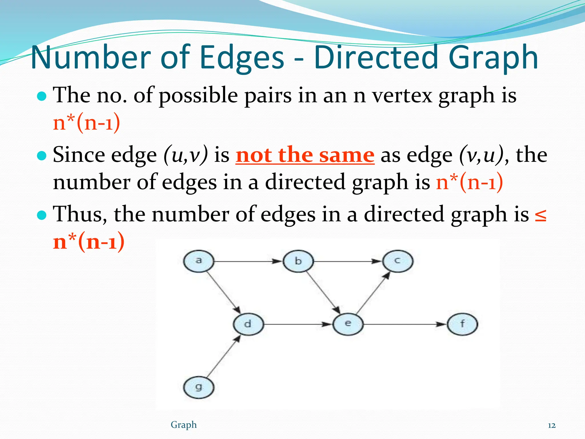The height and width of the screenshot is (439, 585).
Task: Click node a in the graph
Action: click(x=199, y=261)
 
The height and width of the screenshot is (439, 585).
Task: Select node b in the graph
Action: click(x=298, y=261)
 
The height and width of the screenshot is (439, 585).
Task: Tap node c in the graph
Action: click(x=398, y=261)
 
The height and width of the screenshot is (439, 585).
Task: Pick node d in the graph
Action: click(x=248, y=324)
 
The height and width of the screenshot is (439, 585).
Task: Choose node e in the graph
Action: click(x=348, y=324)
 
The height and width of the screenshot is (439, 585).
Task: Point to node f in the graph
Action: click(x=462, y=324)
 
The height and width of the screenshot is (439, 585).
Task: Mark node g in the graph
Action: click(x=199, y=388)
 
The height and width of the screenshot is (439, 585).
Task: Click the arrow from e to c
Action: click(x=373, y=293)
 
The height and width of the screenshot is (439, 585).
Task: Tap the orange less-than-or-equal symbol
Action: click(x=540, y=215)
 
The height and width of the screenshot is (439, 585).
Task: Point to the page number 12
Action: click(x=552, y=426)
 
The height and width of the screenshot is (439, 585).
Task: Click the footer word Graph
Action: click(x=184, y=425)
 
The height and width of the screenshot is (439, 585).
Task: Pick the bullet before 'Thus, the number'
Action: click(x=42, y=215)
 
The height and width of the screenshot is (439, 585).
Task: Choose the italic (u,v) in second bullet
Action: click(x=186, y=155)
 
